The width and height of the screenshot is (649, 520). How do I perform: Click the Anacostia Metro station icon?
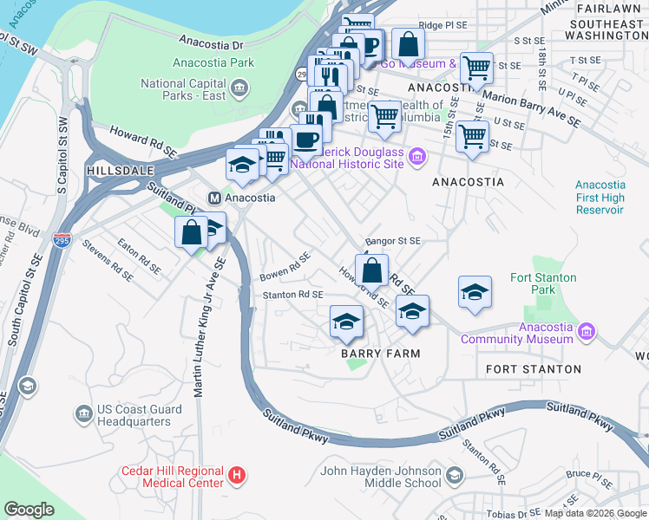[x=214, y=198]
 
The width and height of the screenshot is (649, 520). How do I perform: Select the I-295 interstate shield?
[x=61, y=239]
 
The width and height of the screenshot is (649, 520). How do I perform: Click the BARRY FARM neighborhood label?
[x=380, y=354]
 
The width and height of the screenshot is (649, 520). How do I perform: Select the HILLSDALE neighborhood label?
[x=119, y=172]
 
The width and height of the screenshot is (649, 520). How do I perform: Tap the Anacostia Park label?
[x=213, y=62]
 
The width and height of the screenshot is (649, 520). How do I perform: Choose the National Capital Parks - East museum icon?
[x=239, y=88]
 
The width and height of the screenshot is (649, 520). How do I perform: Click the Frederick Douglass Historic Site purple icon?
[x=418, y=157]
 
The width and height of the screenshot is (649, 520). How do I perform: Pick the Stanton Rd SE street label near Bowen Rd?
[x=293, y=296]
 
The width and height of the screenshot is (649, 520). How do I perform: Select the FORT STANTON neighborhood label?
[x=534, y=369]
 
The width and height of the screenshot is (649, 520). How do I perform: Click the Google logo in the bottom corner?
[x=29, y=510]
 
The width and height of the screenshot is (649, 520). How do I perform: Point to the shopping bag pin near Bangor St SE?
[x=371, y=270]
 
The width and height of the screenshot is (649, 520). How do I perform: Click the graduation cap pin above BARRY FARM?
[x=345, y=322]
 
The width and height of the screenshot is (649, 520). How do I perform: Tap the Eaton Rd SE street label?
[x=139, y=257]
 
